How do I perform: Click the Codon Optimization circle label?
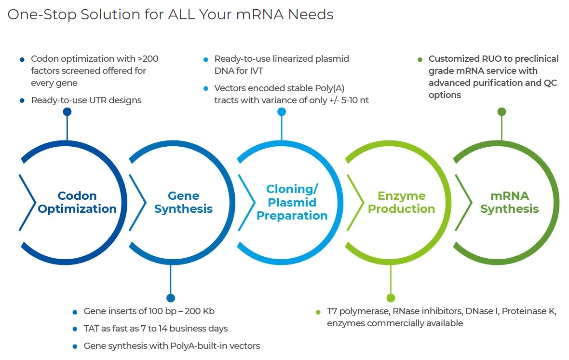point(77,202)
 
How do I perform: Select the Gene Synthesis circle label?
point(184,202)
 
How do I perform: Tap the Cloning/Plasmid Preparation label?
point(292,202)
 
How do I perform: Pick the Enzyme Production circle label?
point(401,202)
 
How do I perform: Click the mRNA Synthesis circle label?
point(510,202)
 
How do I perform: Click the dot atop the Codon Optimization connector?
point(67,112)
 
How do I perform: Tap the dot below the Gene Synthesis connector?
point(171,298)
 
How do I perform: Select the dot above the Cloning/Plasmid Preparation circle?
point(282,112)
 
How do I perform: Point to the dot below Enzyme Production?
point(391,298)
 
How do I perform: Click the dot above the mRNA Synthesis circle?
point(502,112)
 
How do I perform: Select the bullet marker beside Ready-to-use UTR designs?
point(22,101)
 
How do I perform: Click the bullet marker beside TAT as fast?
point(75,329)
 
